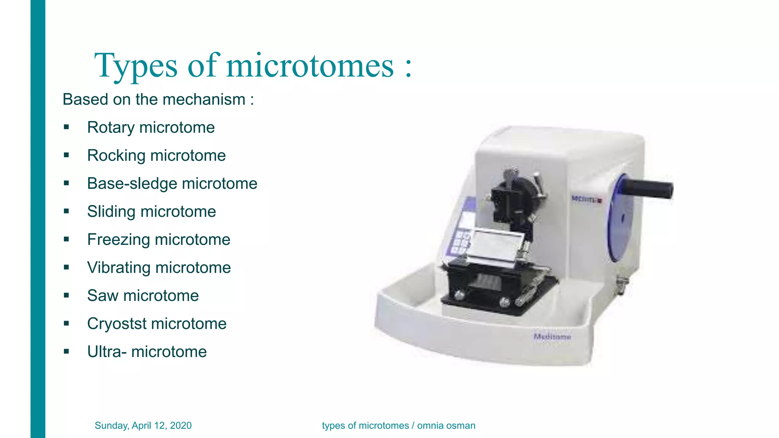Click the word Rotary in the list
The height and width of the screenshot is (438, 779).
tap(111, 128)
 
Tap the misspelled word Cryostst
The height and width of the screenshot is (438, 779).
tap(117, 324)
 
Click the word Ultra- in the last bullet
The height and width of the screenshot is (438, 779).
tap(107, 352)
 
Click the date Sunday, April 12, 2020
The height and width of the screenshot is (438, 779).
tap(143, 425)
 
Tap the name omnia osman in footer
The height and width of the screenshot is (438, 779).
tap(446, 425)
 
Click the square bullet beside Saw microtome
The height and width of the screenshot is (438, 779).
tap(67, 295)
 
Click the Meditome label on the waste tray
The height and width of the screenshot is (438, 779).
tap(552, 337)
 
